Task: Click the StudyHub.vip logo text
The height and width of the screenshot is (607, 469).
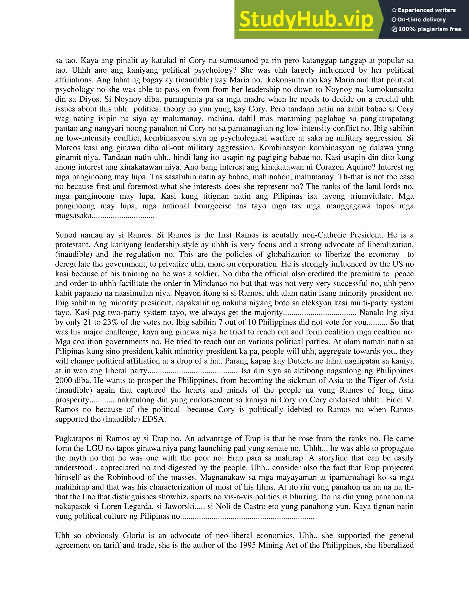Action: click(306, 19)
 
